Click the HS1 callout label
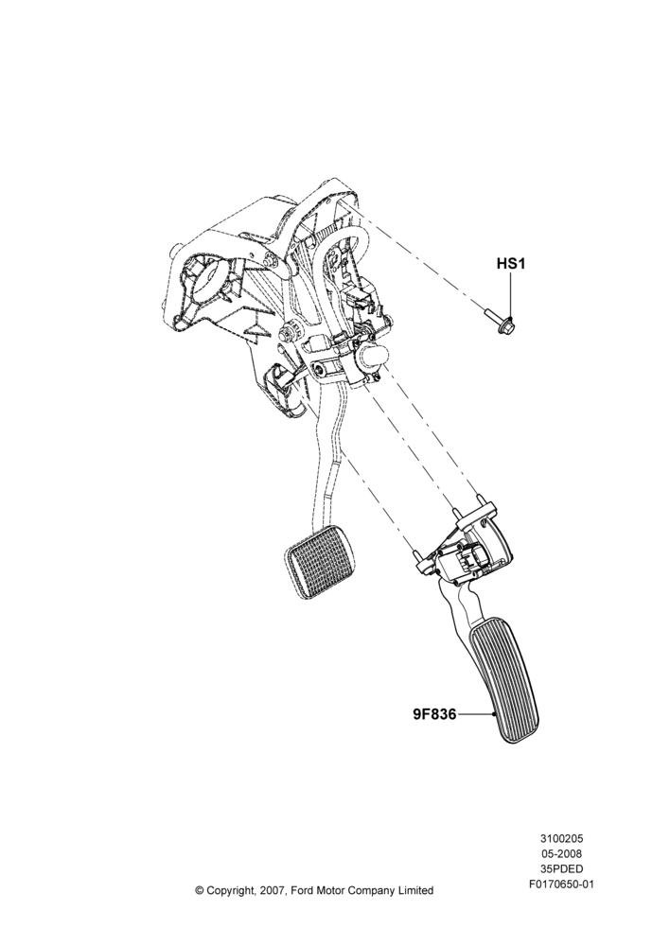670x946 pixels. point(511,264)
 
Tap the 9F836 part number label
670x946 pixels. point(434,714)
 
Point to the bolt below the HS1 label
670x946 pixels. point(498,323)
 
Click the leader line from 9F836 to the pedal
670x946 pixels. point(475,714)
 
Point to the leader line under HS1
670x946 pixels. point(511,294)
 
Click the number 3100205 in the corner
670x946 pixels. point(561,838)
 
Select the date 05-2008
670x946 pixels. point(561,853)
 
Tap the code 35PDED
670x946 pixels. point(561,868)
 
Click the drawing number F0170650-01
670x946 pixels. point(561,885)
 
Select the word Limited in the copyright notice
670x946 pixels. point(415,890)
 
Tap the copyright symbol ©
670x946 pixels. point(200,890)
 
